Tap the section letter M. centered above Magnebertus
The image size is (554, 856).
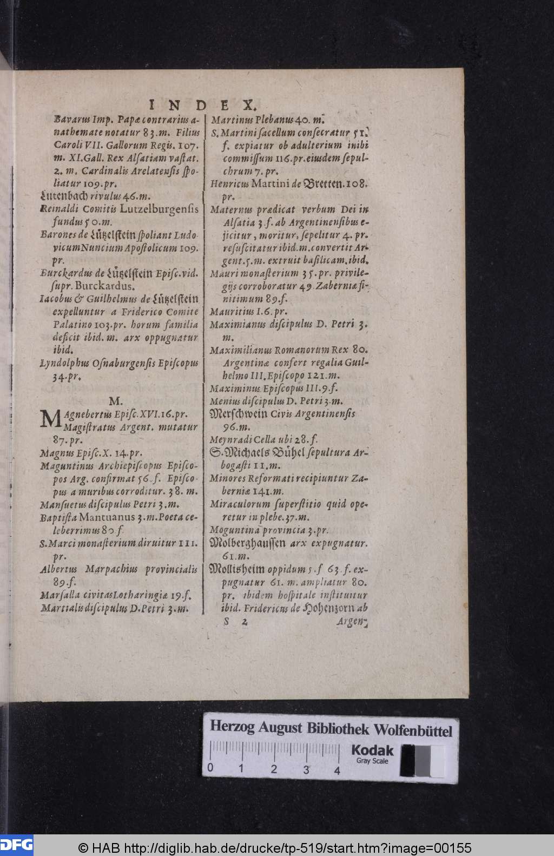pyautogui.click(x=116, y=401)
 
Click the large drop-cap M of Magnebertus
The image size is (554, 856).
pyautogui.click(x=50, y=419)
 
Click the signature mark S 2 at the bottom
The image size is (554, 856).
pyautogui.click(x=236, y=622)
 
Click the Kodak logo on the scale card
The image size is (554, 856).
pyautogui.click(x=372, y=750)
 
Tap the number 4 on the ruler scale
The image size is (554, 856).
pyautogui.click(x=338, y=771)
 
